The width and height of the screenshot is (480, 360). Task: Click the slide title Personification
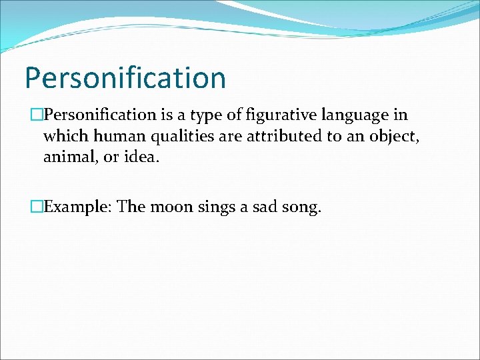[x=125, y=78]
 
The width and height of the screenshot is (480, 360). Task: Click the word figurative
[x=279, y=115]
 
